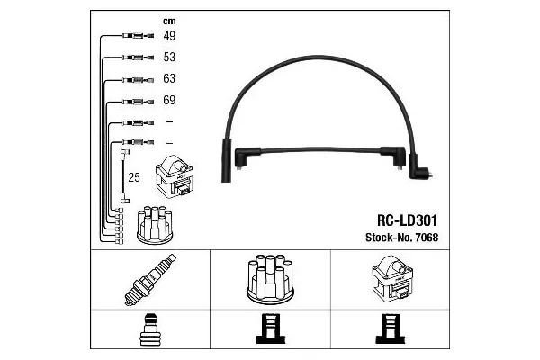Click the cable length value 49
(169, 36)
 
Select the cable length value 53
(169, 58)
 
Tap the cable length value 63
(169, 79)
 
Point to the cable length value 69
(169, 100)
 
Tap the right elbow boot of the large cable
(418, 166)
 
